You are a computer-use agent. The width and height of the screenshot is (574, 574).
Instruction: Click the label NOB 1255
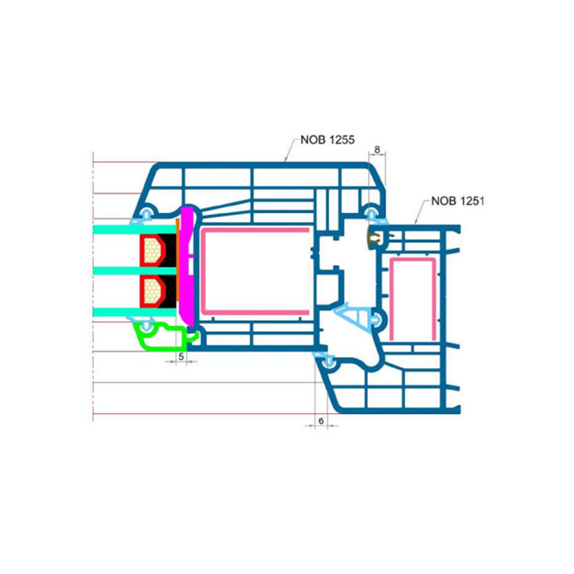click(327, 140)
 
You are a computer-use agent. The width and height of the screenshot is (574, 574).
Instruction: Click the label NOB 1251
click(458, 201)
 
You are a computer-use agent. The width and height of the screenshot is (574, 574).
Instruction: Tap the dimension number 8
click(377, 150)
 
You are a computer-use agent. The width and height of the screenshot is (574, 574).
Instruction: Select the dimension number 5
click(181, 357)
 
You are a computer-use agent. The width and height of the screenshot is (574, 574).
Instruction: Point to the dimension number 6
click(321, 421)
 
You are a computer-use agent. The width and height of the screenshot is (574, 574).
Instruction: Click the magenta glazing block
click(187, 265)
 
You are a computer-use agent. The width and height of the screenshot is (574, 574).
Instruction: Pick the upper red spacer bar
click(153, 250)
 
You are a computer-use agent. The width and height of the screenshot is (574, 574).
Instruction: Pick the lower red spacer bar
click(153, 291)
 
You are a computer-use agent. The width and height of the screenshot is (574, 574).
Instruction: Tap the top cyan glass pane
click(135, 230)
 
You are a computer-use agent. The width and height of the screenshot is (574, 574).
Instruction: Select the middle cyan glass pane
click(135, 271)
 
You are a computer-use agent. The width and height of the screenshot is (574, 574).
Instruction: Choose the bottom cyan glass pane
click(135, 313)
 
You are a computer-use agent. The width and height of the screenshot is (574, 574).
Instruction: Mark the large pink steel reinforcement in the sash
click(255, 271)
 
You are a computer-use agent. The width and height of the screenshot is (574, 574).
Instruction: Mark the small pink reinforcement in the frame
click(412, 299)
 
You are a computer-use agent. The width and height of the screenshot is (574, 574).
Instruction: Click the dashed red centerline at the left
click(94, 286)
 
